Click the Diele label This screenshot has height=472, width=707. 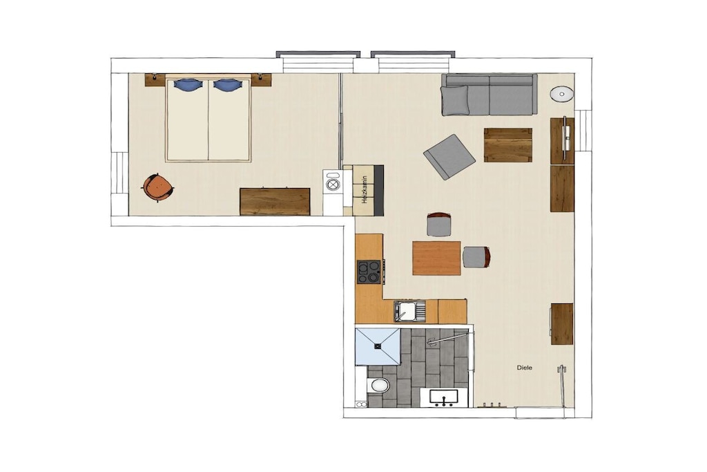pos(525,368)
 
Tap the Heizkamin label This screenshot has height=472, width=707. pos(365,191)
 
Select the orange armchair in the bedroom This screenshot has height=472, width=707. pos(158,187)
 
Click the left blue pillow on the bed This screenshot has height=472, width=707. pos(187,84)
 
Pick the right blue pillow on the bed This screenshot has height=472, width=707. pos(227,84)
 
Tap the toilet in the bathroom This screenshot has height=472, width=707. pos(378,386)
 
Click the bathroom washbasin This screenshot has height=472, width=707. pos(444,398)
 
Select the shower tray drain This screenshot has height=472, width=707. pos(377,346)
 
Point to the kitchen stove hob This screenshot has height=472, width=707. pos(369,272)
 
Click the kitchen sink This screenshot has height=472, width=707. pos(409,312)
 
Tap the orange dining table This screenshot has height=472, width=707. pos(436,258)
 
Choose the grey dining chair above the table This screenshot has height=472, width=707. pos(439,225)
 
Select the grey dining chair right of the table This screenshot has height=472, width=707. pos(476,257)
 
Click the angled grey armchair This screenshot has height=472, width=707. pos(449,157)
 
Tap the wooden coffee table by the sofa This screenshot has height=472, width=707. pos(507,145)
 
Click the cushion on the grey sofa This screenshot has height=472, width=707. pos(455,100)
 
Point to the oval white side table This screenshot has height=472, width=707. pos(562,94)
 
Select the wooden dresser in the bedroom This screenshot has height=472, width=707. pos(275,202)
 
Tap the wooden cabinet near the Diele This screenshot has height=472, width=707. pos(562,324)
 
